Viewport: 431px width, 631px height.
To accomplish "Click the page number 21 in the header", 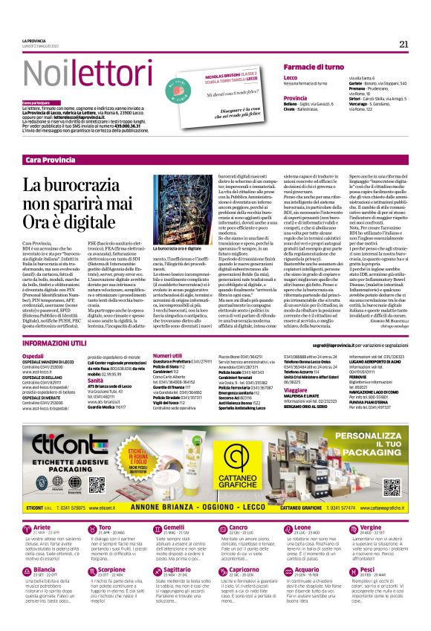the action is pos(404,44).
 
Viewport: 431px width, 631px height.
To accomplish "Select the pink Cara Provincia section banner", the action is pos(215,161).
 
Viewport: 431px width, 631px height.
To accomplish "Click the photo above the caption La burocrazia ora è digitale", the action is pos(172,209).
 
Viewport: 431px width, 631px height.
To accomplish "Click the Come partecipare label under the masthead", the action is pos(36,102).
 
